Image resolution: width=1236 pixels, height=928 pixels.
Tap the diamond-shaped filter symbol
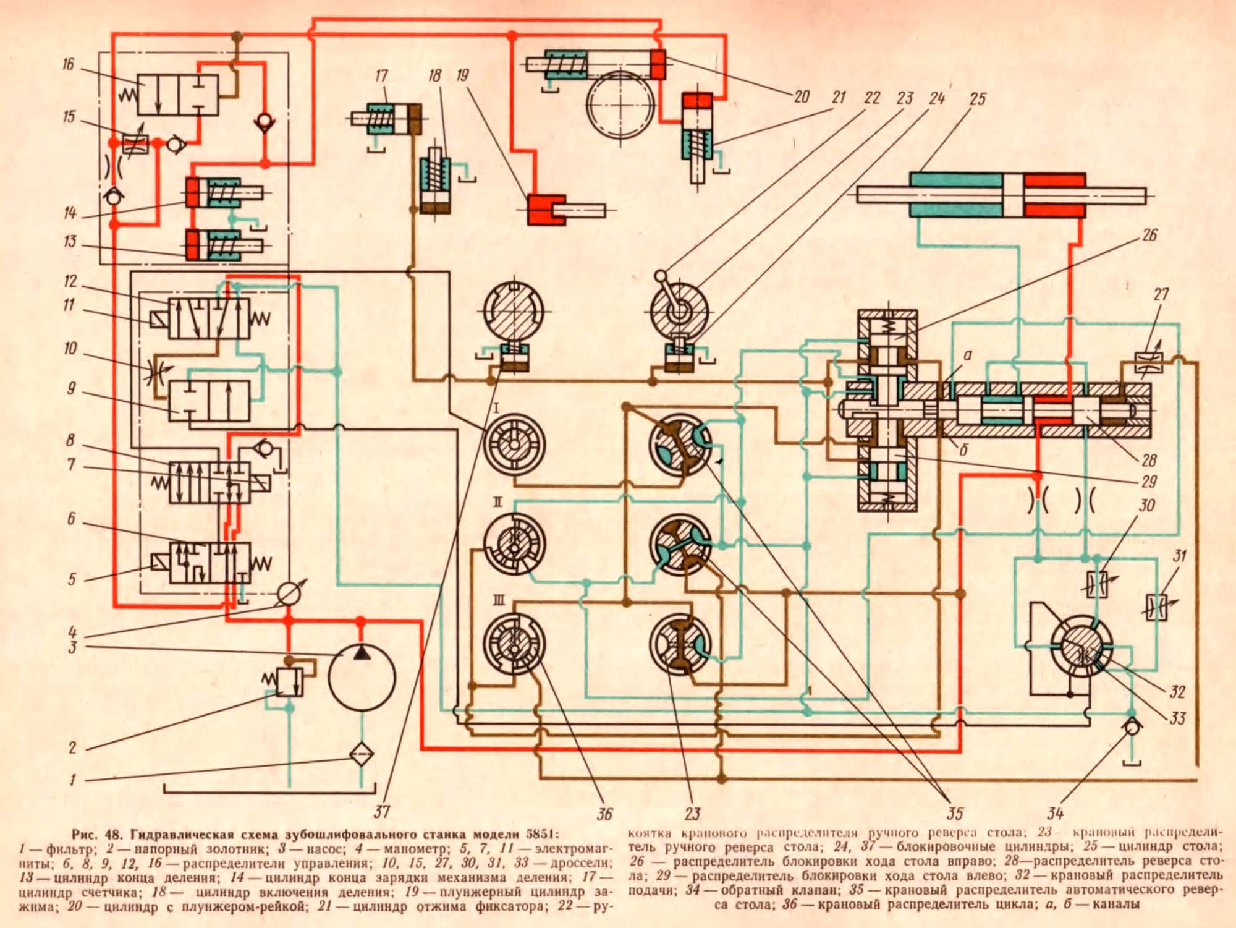pyautogui.click(x=362, y=755)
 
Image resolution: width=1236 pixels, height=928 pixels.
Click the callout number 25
pyautogui.click(x=977, y=99)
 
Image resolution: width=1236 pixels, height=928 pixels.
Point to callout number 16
pyautogui.click(x=68, y=64)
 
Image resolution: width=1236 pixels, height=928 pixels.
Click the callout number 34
pyautogui.click(x=1055, y=812)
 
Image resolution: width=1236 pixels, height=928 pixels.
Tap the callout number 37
pyautogui.click(x=381, y=811)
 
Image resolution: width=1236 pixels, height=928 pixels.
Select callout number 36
pyautogui.click(x=604, y=814)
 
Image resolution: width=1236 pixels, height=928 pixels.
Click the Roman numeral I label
pyautogui.click(x=496, y=409)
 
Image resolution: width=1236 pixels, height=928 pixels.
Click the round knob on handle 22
pyautogui.click(x=661, y=276)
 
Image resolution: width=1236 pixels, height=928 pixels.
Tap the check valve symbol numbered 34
pyautogui.click(x=1132, y=728)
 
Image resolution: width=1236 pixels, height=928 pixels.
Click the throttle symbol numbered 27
pyautogui.click(x=1149, y=362)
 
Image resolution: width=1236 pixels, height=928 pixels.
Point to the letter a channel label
pyautogui.click(x=968, y=355)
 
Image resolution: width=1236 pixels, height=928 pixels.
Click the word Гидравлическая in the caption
pyautogui.click(x=173, y=834)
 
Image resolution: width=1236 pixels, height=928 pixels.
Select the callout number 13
pyautogui.click(x=70, y=241)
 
